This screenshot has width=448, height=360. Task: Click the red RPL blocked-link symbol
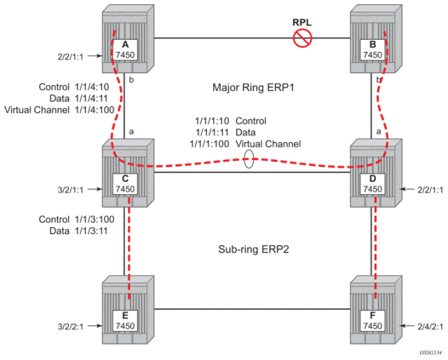(302, 38)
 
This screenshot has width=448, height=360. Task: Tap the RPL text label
(302, 23)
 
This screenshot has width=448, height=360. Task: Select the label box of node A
(125, 49)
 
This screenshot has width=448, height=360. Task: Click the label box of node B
(372, 49)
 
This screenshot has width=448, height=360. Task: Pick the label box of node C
(125, 184)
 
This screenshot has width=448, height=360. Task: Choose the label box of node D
(372, 184)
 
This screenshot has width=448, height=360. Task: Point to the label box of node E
(125, 321)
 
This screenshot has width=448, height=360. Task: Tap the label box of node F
(372, 321)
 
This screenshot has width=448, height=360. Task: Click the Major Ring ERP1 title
(253, 88)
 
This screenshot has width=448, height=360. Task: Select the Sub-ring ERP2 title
(254, 249)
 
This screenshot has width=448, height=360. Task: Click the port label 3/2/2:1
(71, 327)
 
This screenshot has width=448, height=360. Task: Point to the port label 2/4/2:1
(430, 327)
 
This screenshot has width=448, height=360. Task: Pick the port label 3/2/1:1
(71, 190)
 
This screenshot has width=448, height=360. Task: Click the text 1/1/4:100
(95, 110)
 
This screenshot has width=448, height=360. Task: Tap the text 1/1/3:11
(91, 231)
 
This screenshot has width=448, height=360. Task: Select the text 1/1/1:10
(212, 121)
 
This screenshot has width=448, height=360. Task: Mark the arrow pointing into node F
(408, 326)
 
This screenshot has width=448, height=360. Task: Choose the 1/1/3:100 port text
(95, 220)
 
